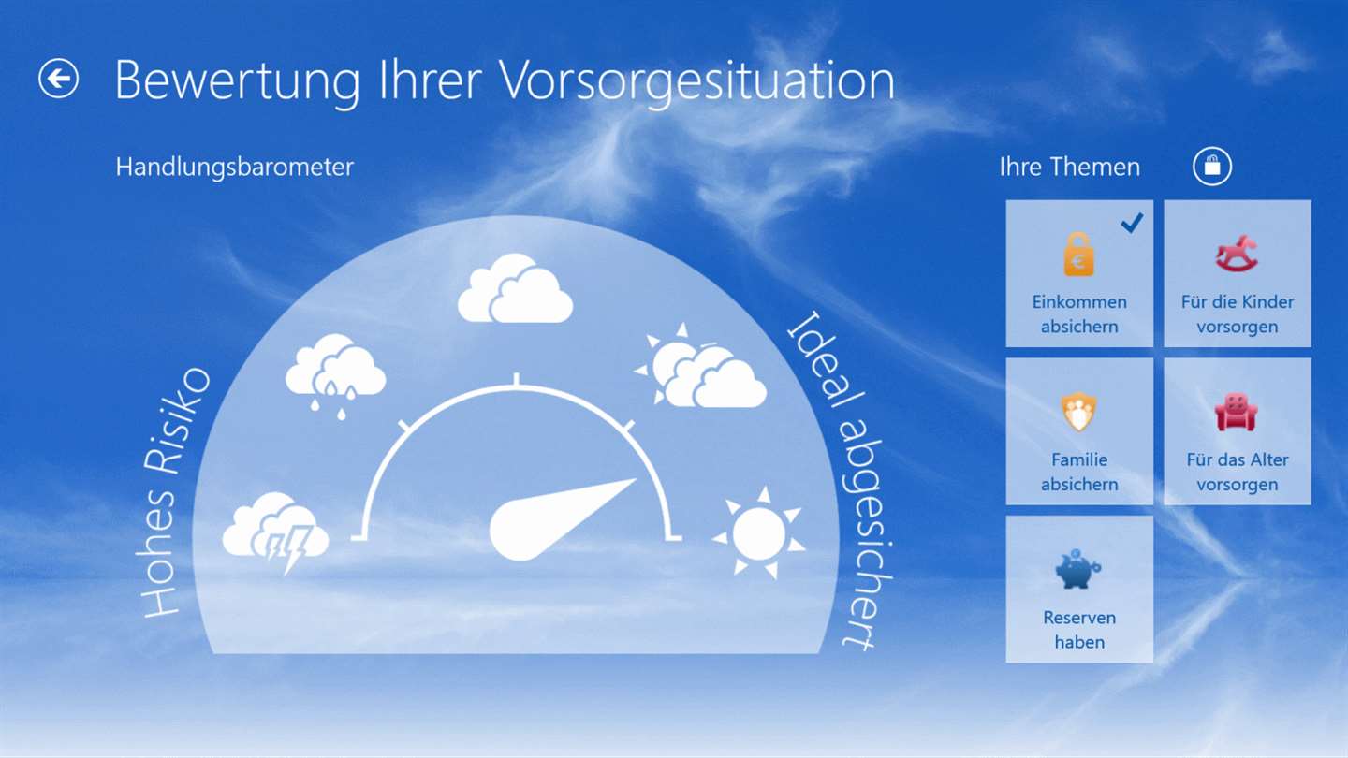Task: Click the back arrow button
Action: tap(58, 79)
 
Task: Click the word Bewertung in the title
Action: tap(237, 81)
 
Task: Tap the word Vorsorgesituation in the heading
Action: tap(697, 81)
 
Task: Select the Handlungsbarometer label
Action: tap(235, 167)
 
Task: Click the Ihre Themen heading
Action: tap(1069, 167)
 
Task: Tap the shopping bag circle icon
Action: tap(1212, 166)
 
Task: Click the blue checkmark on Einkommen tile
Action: tap(1132, 223)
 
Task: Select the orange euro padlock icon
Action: tap(1079, 254)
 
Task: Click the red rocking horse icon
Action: tap(1237, 254)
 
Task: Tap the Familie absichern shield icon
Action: tap(1078, 412)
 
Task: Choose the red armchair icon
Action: tap(1236, 412)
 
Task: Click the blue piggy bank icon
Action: tap(1077, 569)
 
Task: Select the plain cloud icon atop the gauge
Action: tap(515, 288)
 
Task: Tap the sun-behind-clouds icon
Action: tap(700, 367)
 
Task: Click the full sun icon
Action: tap(759, 533)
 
